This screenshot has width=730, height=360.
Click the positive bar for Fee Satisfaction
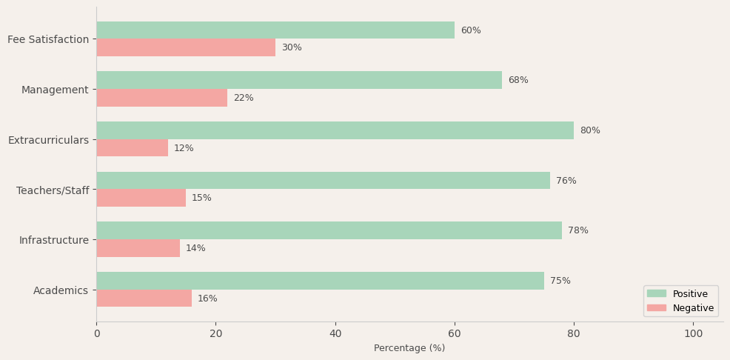point(275,30)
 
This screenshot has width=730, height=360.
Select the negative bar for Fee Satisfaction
point(186,47)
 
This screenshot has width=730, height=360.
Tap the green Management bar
point(299,80)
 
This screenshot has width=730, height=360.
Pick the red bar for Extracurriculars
point(132,148)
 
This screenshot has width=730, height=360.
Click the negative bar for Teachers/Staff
point(141,198)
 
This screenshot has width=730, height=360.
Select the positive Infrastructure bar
point(329,230)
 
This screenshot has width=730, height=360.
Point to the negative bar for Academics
point(144,299)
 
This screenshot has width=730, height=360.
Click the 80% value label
point(590,130)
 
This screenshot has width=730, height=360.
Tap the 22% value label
point(244,98)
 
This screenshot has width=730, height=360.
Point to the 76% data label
point(566,181)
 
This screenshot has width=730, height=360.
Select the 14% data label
point(195,248)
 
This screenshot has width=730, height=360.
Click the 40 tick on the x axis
point(335,333)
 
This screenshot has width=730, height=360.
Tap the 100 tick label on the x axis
point(693,333)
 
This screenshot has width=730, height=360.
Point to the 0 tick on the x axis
point(96,333)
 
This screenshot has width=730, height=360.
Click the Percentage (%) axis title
point(409,348)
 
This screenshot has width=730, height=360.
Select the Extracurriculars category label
point(48,140)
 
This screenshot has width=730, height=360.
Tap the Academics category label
point(61,290)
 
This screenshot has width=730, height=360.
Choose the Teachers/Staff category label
point(53,190)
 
